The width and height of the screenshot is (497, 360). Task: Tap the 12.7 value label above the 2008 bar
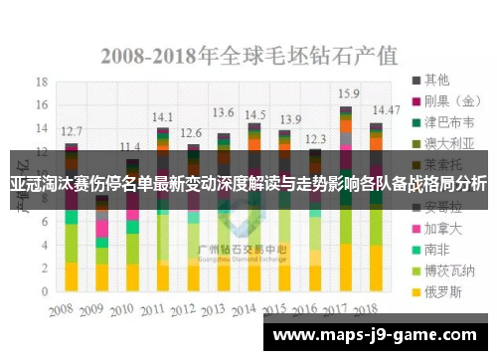(72, 130)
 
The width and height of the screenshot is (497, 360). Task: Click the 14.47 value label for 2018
(386, 108)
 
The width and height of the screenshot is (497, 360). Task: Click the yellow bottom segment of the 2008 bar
(72, 275)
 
